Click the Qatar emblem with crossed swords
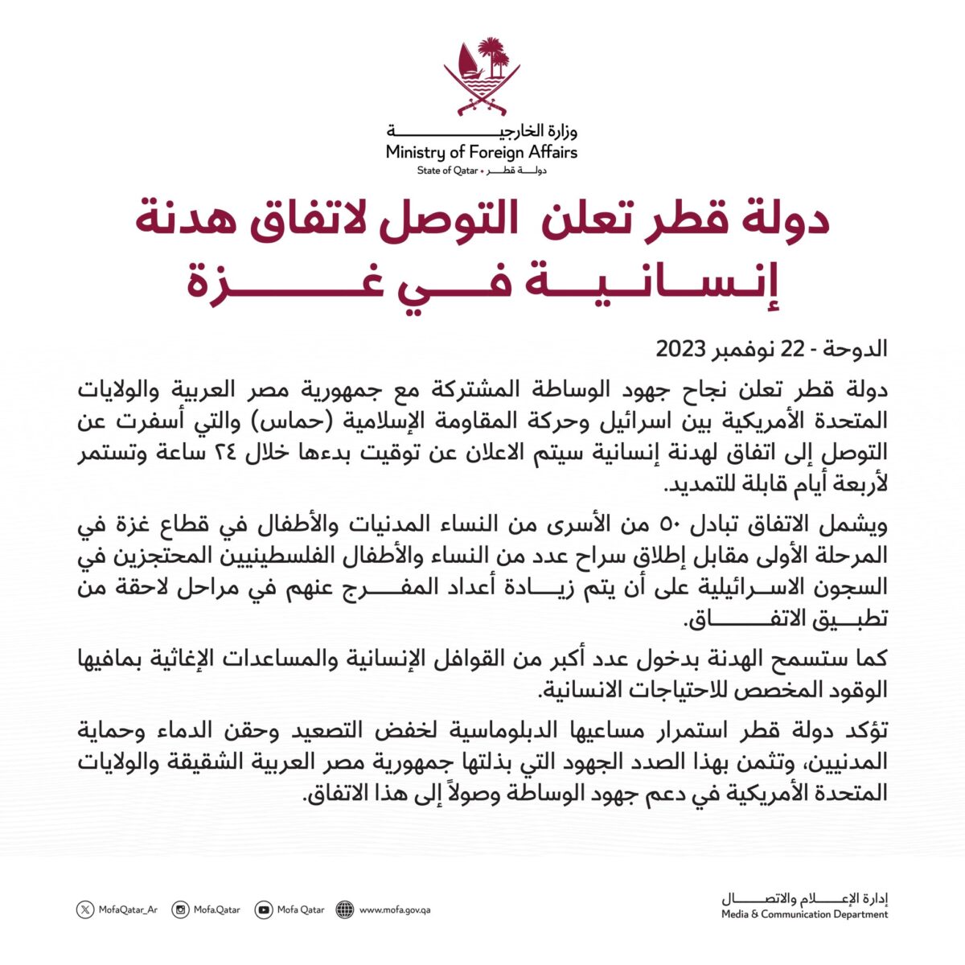tap(482, 76)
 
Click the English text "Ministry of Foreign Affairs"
tap(482, 151)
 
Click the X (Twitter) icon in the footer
tap(85, 910)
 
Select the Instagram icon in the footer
tap(182, 910)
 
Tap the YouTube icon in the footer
tap(263, 910)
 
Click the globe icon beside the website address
tap(345, 910)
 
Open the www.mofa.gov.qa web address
tap(395, 910)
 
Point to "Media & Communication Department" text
tap(804, 914)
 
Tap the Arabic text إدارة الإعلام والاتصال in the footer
tap(804, 898)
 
